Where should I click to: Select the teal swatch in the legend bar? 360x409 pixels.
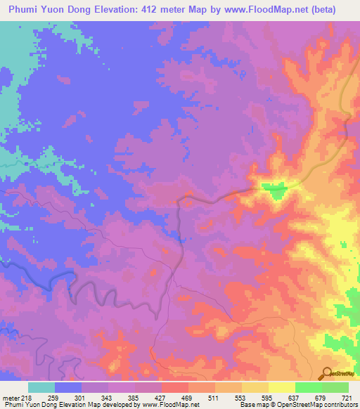pos(41,387)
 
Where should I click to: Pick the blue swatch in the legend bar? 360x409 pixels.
pos(68,387)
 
